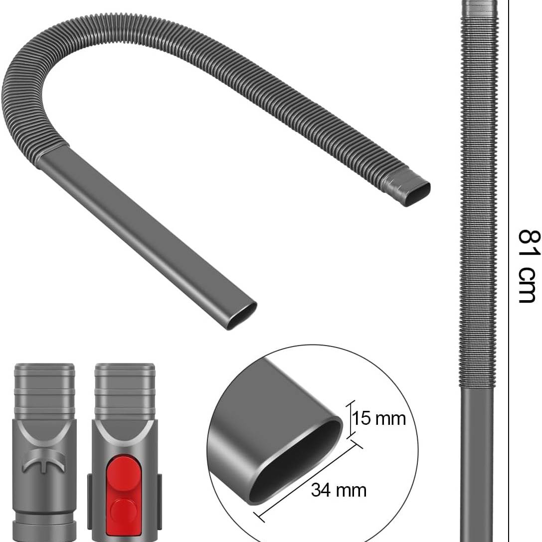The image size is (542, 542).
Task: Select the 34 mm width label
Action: point(339,490)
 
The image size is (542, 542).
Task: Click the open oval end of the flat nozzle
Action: point(241,316)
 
